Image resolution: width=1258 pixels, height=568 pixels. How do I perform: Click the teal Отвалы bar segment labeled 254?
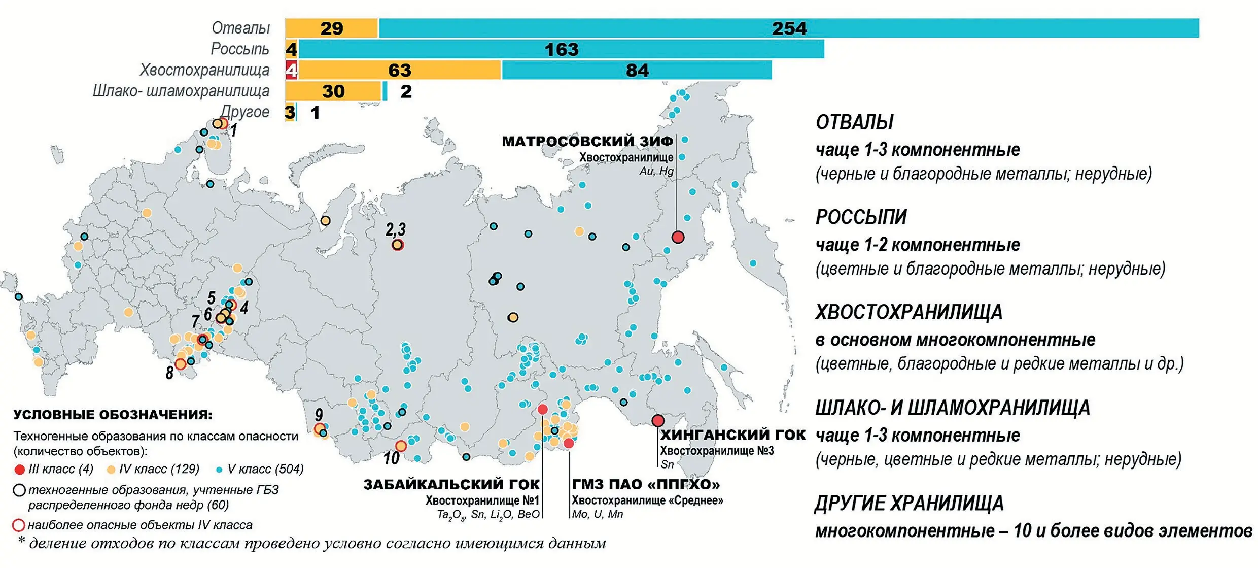(789, 28)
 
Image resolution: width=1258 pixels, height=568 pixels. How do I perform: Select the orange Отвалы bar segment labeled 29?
(331, 28)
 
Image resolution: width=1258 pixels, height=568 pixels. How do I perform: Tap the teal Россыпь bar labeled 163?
(561, 49)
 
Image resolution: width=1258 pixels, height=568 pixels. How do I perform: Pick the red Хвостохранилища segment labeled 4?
(291, 70)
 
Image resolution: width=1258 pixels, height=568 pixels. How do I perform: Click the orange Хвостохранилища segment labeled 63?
(399, 70)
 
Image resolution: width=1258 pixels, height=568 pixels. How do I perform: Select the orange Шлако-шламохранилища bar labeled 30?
(333, 91)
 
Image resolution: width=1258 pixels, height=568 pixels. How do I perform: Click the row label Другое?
(246, 112)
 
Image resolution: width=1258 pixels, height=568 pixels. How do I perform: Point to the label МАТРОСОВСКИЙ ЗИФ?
(587, 141)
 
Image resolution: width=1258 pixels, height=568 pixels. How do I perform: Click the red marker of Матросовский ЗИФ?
(678, 237)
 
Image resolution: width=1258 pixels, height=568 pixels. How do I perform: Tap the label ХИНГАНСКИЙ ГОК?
(732, 435)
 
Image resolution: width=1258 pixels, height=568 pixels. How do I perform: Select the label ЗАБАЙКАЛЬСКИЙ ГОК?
(451, 485)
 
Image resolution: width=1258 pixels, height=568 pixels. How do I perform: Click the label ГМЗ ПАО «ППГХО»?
(646, 485)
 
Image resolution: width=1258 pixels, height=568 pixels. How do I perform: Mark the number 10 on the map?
(391, 458)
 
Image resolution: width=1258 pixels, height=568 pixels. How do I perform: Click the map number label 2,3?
(395, 229)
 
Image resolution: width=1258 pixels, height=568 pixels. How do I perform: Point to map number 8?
(169, 374)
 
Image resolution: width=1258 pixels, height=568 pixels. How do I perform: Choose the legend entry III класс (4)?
(55, 469)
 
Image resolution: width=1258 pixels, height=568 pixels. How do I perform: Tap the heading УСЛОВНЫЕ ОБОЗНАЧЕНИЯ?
(113, 415)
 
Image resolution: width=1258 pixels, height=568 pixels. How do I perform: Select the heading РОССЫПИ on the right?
(861, 217)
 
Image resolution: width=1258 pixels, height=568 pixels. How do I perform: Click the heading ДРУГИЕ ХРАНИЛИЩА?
(909, 504)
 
